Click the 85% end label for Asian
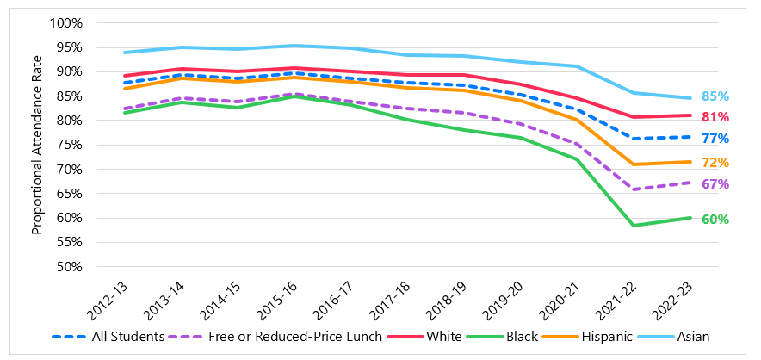tap(715, 96)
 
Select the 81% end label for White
tap(715, 117)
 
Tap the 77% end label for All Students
tap(715, 139)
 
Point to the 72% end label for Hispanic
tap(715, 163)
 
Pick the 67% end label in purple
tap(715, 184)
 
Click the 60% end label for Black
tap(715, 220)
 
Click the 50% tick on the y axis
tap(68, 267)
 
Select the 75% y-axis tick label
tap(68, 145)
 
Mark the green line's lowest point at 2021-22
tap(634, 226)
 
